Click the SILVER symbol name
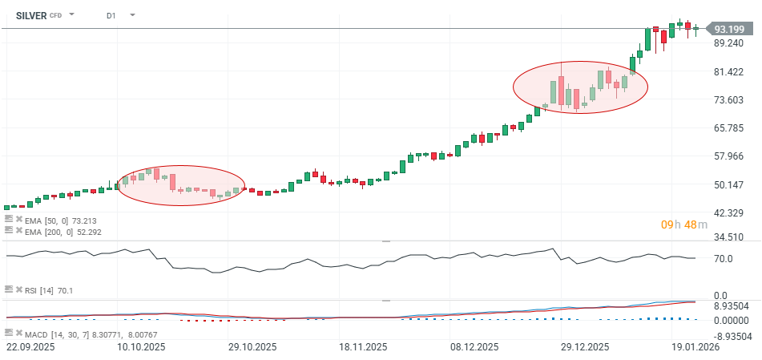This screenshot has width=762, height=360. [x=31, y=14]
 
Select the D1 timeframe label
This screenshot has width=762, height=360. [x=111, y=14]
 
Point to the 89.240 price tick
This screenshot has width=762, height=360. [x=729, y=43]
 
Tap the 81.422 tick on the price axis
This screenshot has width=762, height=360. [x=729, y=71]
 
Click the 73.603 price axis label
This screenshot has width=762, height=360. [x=729, y=99]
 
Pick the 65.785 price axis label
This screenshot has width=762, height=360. [x=729, y=127]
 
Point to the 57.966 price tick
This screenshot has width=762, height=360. [x=729, y=156]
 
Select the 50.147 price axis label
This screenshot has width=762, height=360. [x=729, y=184]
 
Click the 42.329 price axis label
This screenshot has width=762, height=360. [x=729, y=212]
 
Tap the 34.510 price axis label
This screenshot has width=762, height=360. [x=729, y=237]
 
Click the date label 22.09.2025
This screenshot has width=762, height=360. [x=30, y=348]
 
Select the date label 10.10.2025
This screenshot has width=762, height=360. [x=141, y=348]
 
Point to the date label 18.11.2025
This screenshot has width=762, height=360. [x=363, y=348]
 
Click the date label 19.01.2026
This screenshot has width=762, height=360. [x=695, y=348]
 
